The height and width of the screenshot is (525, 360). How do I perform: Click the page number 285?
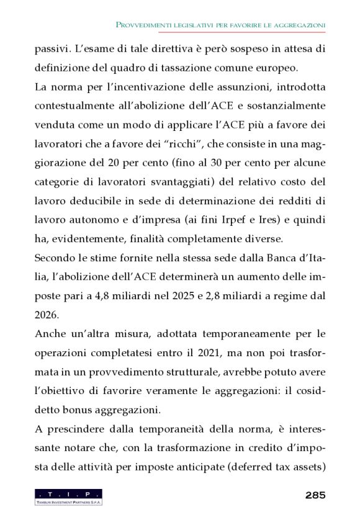(x=315, y=496)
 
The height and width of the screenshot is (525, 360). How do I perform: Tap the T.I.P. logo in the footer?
(x=68, y=496)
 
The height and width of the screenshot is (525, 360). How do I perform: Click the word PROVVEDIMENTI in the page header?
(x=148, y=24)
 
